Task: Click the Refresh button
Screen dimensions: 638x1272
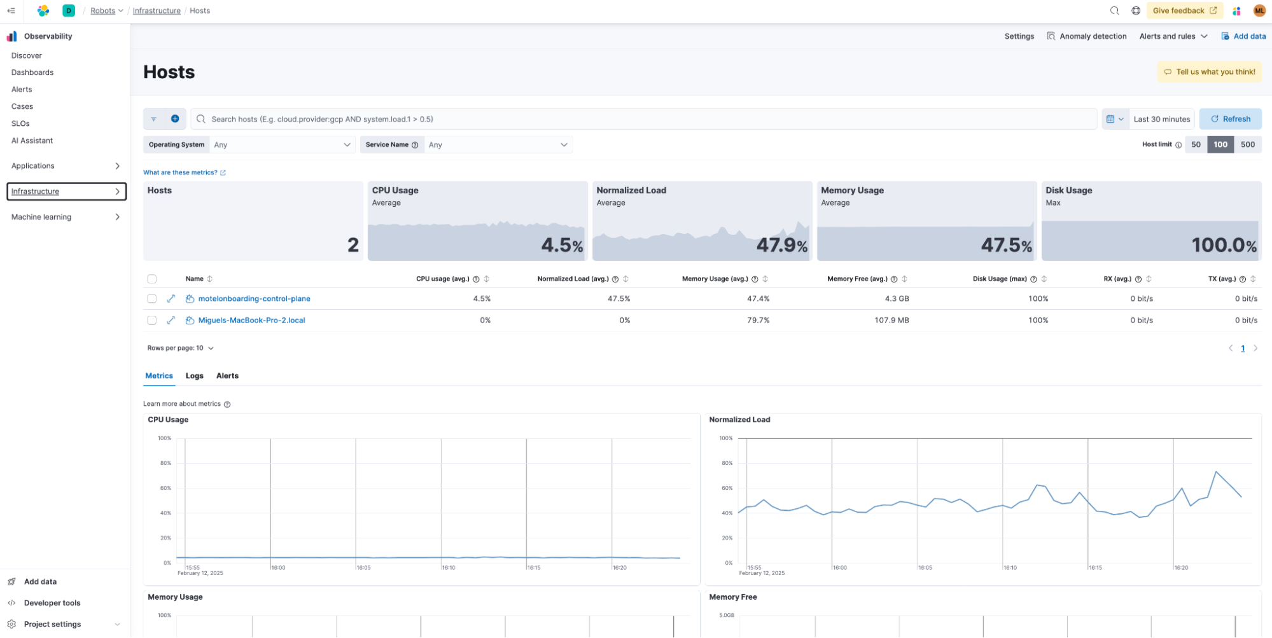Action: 1230,119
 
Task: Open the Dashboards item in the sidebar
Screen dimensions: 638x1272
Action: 32,73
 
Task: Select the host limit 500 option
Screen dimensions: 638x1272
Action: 1247,144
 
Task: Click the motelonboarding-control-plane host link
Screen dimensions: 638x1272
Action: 254,298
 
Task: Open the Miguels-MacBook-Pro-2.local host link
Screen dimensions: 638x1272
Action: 251,321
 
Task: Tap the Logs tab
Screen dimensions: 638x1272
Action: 194,376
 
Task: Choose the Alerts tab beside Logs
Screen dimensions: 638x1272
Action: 227,376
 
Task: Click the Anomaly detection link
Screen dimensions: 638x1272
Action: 1093,36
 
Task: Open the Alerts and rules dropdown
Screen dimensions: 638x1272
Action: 1173,36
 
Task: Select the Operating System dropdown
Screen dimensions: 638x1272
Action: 282,145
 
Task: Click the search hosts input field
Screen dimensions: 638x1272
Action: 643,119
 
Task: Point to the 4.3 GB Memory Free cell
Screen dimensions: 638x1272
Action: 896,298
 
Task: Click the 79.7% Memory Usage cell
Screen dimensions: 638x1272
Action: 758,321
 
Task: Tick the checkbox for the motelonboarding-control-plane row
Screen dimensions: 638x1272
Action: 151,298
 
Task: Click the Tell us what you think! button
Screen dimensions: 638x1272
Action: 1209,72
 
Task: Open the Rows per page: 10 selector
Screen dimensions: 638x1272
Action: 180,348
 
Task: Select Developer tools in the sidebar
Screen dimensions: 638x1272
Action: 52,603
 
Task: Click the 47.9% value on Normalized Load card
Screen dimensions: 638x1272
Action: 781,245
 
